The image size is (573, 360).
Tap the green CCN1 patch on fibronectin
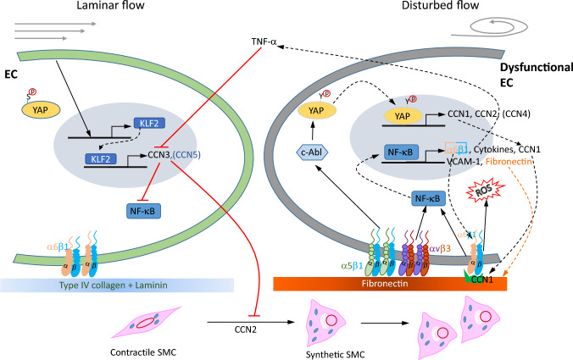[x=481, y=277]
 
